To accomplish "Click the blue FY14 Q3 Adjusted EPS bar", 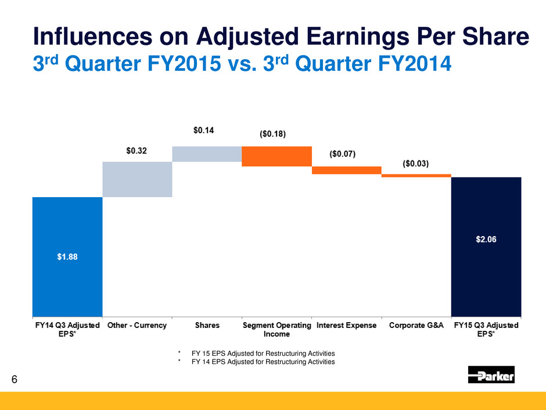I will [67, 256].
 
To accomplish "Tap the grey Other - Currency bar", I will [137, 179].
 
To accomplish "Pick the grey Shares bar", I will [207, 154].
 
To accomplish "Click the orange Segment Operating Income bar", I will [276, 156].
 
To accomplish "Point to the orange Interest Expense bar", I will [347, 170].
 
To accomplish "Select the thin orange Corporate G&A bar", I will [416, 175].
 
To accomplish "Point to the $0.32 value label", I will [137, 151].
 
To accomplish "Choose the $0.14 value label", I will [203, 131].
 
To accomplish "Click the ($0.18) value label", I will [273, 134].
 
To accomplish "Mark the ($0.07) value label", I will [343, 154].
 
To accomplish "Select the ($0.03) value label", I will [416, 164].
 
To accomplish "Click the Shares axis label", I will [207, 325].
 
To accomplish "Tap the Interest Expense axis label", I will [346, 325].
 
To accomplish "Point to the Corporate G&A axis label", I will [416, 325].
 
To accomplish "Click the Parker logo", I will [491, 375].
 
